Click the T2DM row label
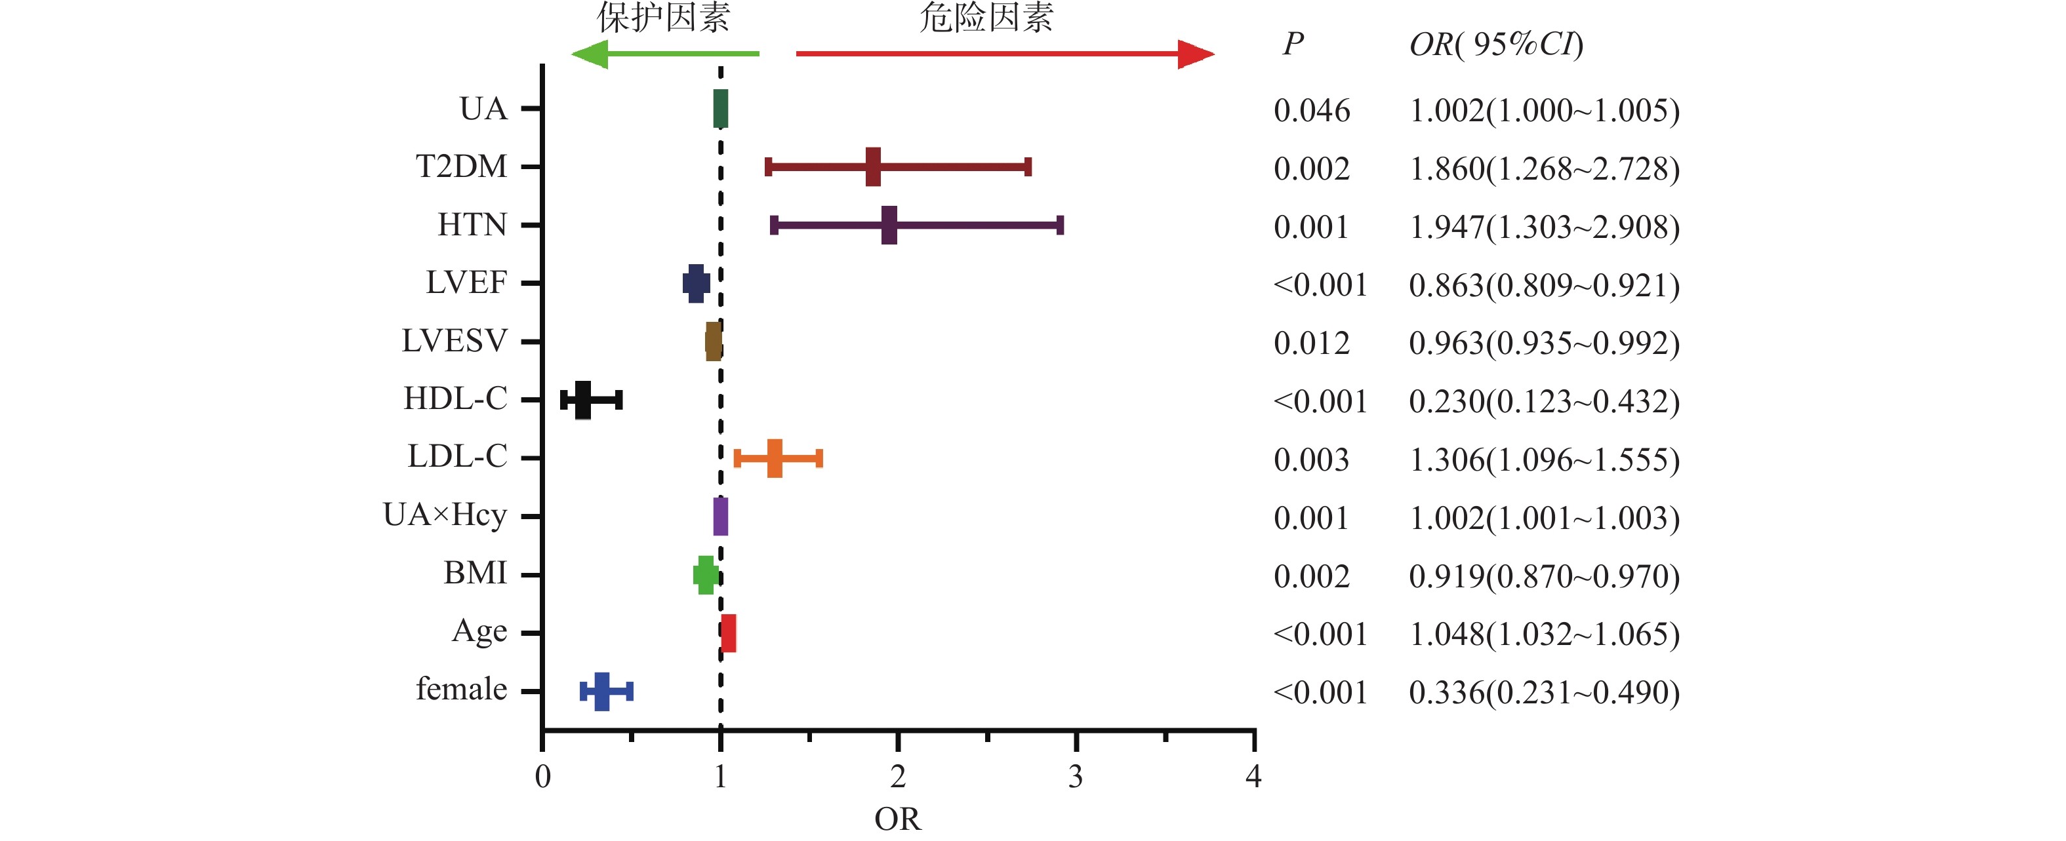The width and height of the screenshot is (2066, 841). point(461,166)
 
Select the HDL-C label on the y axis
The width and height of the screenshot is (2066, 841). point(455,399)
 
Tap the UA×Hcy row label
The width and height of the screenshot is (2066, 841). point(445,515)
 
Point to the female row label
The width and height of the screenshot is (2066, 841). point(461,690)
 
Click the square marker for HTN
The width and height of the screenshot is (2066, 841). point(889,225)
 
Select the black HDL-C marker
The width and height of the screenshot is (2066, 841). point(583,399)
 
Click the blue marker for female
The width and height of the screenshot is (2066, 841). point(601,691)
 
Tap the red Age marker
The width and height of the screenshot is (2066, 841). point(728,633)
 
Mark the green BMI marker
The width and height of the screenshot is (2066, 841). point(705,575)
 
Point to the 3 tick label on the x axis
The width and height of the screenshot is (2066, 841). point(1076,776)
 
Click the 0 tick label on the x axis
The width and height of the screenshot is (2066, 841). point(543,776)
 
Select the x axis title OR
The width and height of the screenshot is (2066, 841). point(897,819)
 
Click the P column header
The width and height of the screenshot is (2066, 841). point(1293,44)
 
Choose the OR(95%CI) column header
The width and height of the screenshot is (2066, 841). point(1497,44)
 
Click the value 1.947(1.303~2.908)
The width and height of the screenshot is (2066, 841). point(1544,227)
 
